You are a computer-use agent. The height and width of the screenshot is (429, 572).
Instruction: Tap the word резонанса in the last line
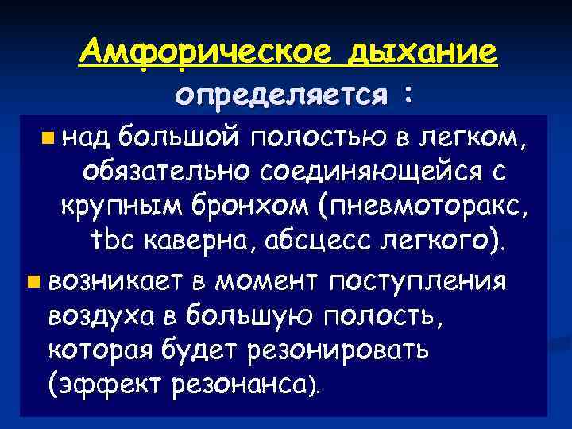[x=245, y=387]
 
